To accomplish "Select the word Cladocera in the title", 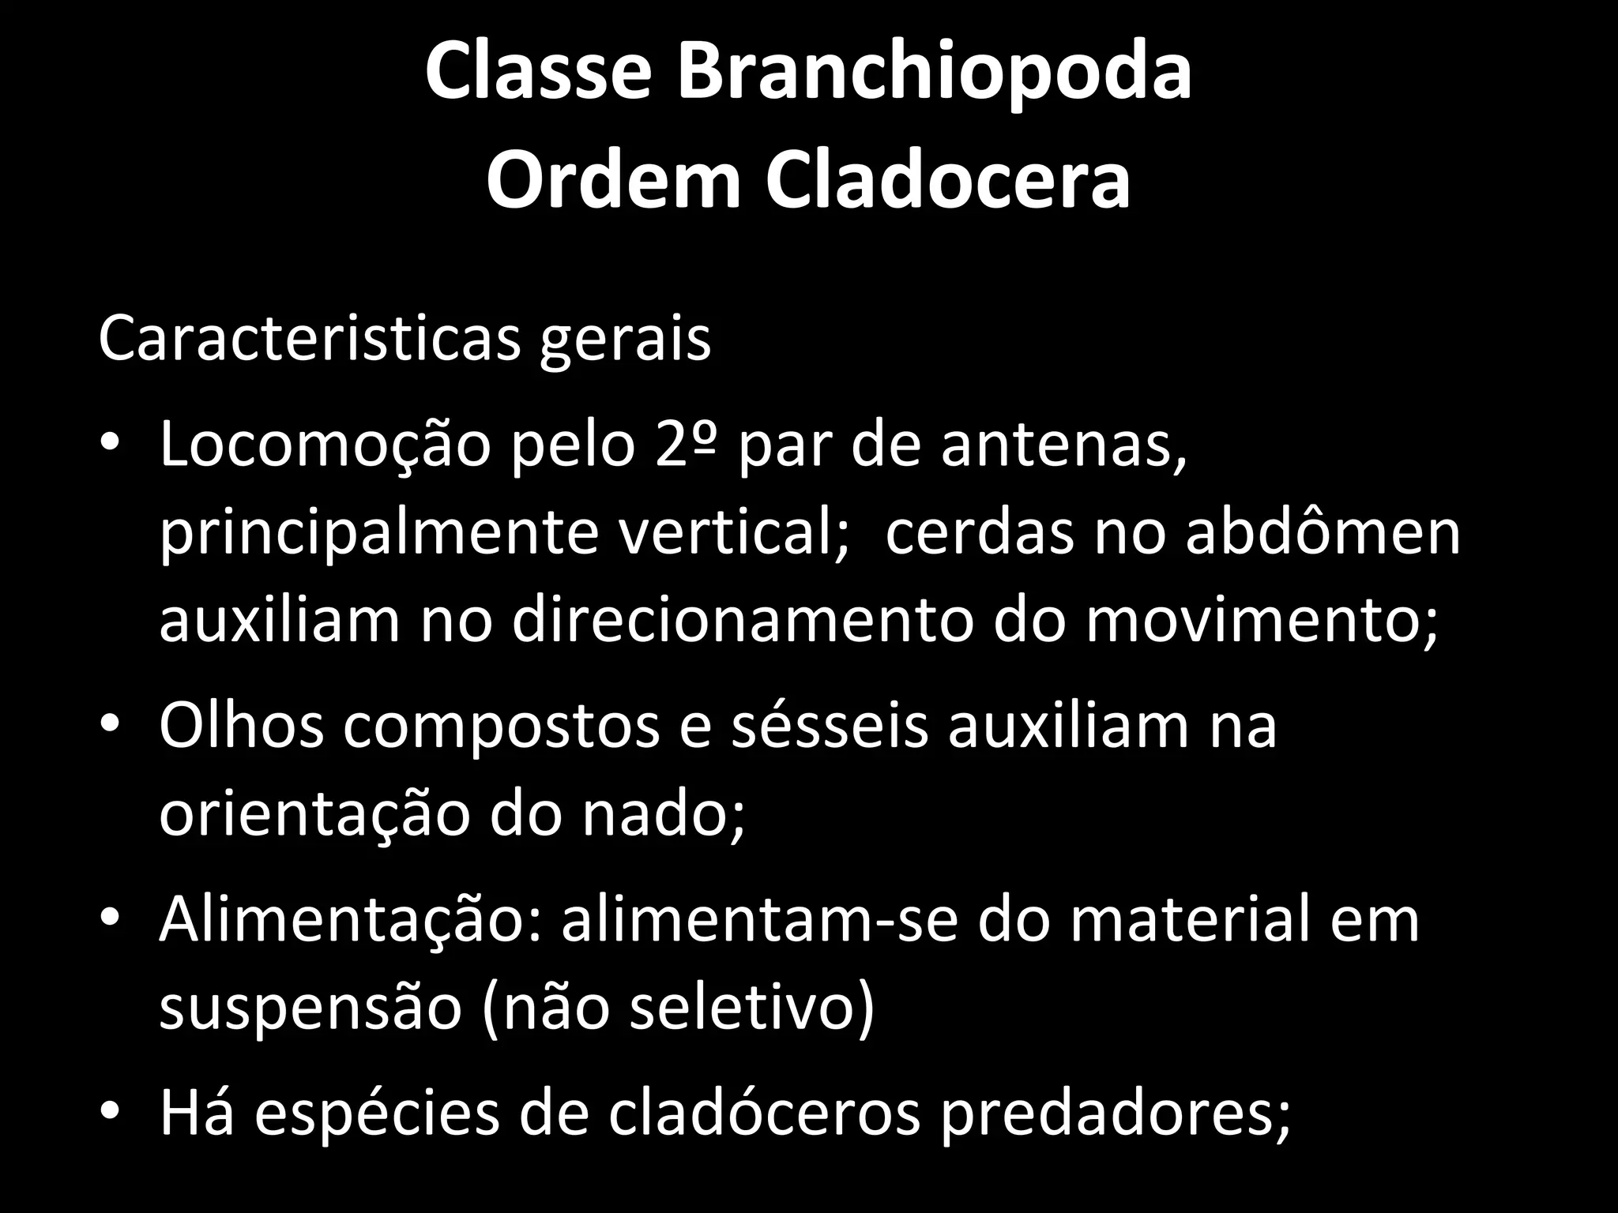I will (x=947, y=184).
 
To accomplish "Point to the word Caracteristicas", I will (x=309, y=340).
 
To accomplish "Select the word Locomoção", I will (x=325, y=446).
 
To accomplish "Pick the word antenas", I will (x=1063, y=446).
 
